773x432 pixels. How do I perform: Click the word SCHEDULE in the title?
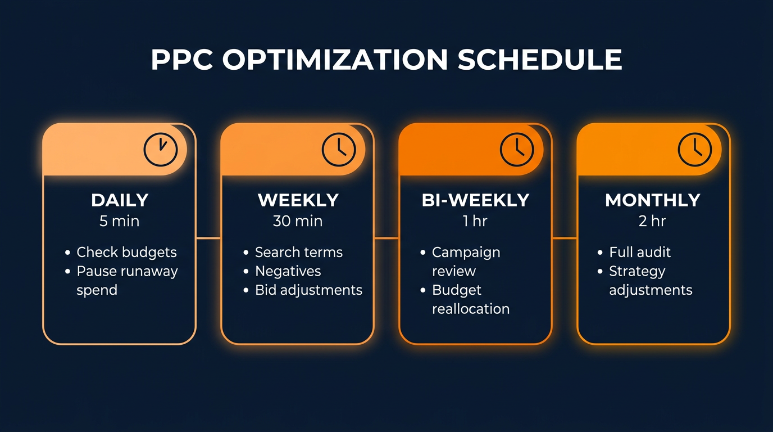click(x=540, y=60)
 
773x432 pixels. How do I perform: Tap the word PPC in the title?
click(x=182, y=60)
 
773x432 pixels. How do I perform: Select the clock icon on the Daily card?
click(x=161, y=149)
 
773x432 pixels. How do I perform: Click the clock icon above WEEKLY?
click(x=339, y=149)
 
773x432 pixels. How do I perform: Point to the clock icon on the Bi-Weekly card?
click(x=517, y=149)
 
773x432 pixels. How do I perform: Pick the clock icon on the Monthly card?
click(x=695, y=149)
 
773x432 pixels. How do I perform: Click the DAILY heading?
click(x=120, y=200)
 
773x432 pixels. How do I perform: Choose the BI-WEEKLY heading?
click(x=475, y=200)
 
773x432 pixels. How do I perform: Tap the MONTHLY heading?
click(x=653, y=200)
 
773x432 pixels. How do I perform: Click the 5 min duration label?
click(x=119, y=221)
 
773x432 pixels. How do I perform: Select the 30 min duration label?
click(x=298, y=221)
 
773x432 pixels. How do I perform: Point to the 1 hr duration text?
click(x=475, y=221)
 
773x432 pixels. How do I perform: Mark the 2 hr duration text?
click(x=652, y=221)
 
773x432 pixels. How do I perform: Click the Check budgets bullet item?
click(x=126, y=252)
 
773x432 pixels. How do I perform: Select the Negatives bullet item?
click(x=288, y=271)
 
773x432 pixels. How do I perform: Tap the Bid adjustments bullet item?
click(x=308, y=290)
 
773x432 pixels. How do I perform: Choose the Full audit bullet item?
click(x=640, y=252)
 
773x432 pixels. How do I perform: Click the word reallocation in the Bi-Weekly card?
click(x=471, y=309)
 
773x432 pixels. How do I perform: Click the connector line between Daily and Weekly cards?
click(x=208, y=238)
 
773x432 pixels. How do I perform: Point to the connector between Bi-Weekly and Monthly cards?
click(x=565, y=238)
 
